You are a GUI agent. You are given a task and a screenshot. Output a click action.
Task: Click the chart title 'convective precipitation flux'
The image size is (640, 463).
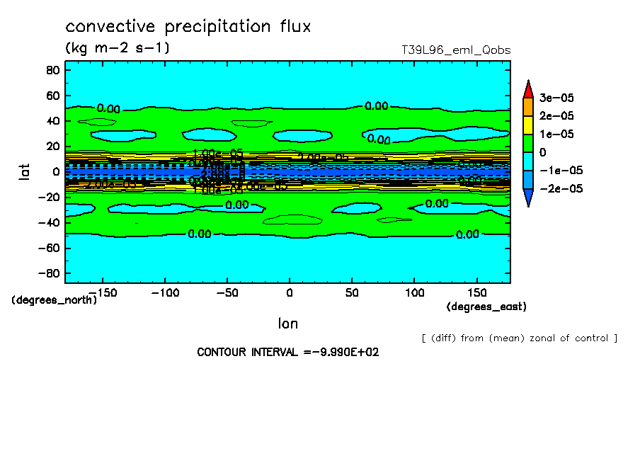pyautogui.click(x=188, y=27)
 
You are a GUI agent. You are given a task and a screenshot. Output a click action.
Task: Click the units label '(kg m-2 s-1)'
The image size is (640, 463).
pyautogui.click(x=117, y=48)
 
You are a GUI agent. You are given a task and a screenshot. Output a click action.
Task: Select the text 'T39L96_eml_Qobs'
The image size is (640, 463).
pyautogui.click(x=455, y=50)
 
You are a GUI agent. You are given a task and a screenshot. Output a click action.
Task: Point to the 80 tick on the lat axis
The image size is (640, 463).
pyautogui.click(x=52, y=70)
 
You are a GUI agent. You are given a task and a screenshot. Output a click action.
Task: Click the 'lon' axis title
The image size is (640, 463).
pyautogui.click(x=287, y=324)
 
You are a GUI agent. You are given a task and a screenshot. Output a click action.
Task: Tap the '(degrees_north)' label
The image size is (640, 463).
pyautogui.click(x=54, y=299)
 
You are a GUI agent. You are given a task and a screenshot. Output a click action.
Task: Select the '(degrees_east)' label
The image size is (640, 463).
pyautogui.click(x=486, y=307)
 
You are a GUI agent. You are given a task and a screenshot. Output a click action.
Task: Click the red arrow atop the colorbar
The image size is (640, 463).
pyautogui.click(x=527, y=88)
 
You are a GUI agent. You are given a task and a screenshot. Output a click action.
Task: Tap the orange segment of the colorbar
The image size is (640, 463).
pyautogui.click(x=527, y=106)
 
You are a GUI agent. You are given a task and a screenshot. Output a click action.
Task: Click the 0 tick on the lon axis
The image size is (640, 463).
pyautogui.click(x=289, y=292)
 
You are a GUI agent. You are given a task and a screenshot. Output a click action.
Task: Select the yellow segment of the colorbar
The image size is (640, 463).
pyautogui.click(x=527, y=125)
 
